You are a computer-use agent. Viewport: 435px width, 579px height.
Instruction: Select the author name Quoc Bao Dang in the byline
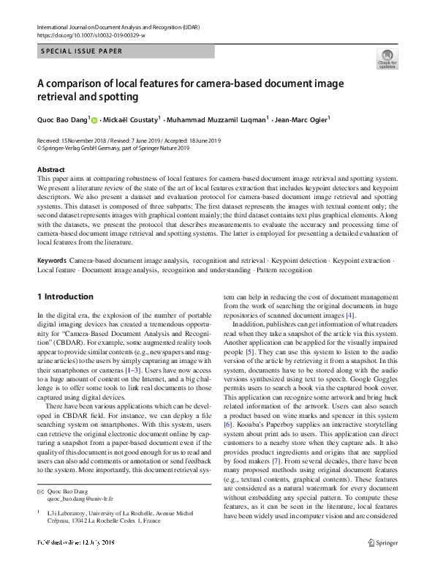point(62,119)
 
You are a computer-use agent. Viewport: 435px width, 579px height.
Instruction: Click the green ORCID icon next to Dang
point(94,119)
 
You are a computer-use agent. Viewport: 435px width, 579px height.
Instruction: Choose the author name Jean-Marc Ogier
point(302,119)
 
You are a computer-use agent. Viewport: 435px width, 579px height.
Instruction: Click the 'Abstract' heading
point(51,169)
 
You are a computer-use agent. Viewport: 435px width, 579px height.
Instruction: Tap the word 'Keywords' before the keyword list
point(52,261)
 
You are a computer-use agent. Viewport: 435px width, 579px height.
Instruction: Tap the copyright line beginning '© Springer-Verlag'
point(113,147)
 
